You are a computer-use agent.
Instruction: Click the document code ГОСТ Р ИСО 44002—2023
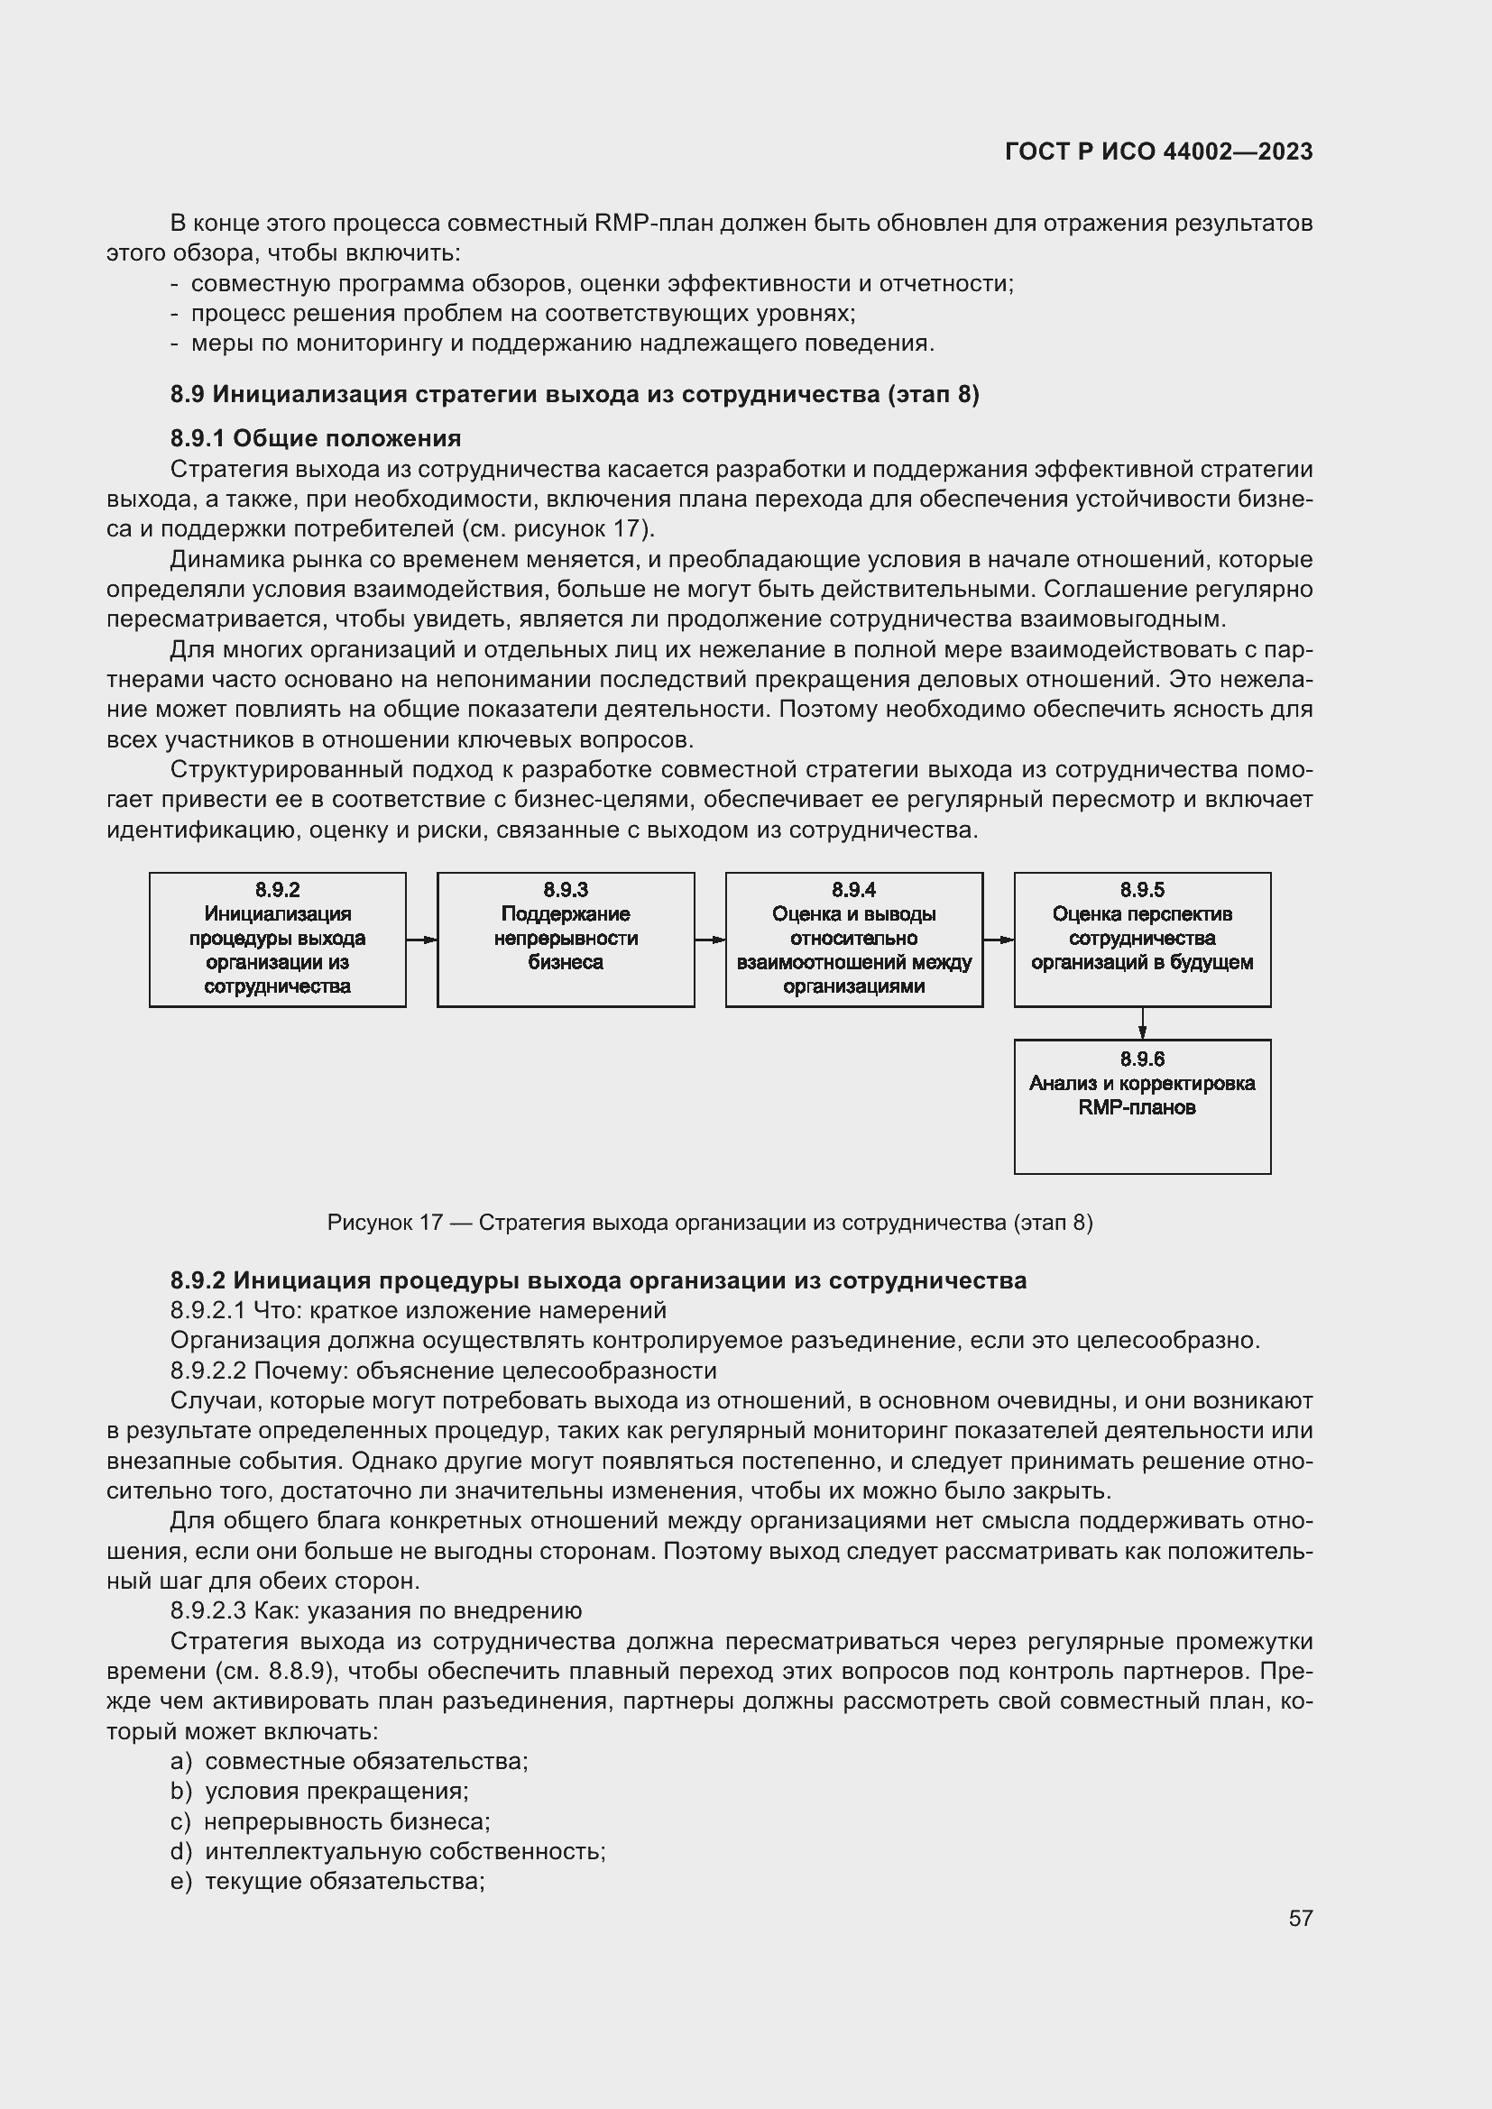[x=1158, y=151]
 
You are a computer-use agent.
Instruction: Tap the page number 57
[x=1300, y=1918]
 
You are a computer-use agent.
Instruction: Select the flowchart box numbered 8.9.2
[x=278, y=939]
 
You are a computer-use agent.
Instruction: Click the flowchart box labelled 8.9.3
[x=565, y=939]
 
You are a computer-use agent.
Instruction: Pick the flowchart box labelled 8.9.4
[x=853, y=939]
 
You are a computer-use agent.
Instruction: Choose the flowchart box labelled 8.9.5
[x=1142, y=939]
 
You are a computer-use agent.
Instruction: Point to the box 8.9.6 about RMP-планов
[x=1142, y=1106]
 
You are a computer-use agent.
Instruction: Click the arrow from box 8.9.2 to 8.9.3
[x=421, y=940]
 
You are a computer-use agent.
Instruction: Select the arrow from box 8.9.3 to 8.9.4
[x=710, y=940]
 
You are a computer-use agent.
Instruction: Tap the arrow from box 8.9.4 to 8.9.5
[x=999, y=940]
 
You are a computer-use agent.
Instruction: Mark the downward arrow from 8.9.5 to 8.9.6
[x=1142, y=1023]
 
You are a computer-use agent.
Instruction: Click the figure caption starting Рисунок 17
[x=709, y=1223]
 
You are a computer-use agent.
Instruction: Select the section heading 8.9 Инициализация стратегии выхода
[x=575, y=394]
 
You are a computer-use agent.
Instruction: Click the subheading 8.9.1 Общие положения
[x=315, y=438]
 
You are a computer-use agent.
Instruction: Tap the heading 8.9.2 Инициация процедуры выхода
[x=598, y=1280]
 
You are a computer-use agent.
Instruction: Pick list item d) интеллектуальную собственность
[x=389, y=1851]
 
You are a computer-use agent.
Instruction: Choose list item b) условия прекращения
[x=320, y=1792]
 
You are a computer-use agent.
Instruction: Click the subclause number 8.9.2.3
[x=207, y=1610]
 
